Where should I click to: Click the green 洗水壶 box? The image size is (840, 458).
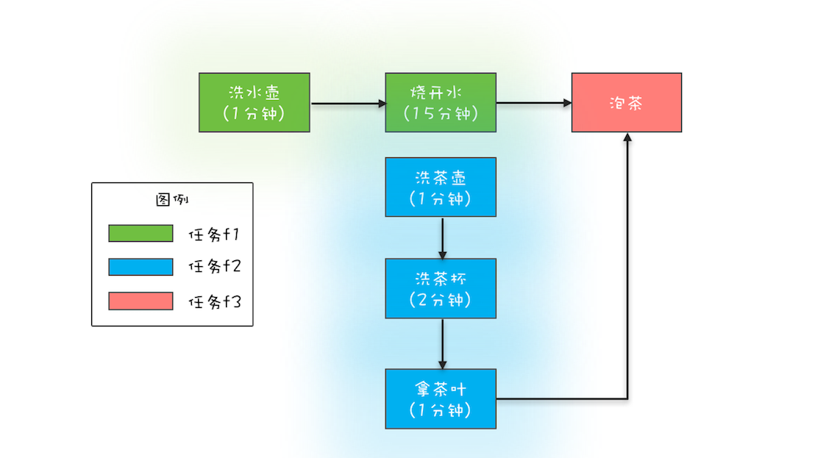(254, 102)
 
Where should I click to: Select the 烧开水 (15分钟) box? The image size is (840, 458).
(441, 102)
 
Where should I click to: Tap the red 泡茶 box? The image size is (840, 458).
(627, 102)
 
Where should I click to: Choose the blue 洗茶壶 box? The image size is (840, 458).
(441, 187)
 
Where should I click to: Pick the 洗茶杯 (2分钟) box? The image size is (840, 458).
(441, 288)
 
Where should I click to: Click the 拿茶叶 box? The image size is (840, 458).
(441, 398)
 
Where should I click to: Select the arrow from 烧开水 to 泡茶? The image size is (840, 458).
(534, 104)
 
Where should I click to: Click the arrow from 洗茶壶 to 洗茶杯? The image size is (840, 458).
(442, 237)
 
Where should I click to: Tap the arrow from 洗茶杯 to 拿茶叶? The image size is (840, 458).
(442, 343)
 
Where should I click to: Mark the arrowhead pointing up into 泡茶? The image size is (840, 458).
(627, 138)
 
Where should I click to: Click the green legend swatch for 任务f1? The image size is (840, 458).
(140, 234)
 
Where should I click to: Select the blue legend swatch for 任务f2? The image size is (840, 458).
(140, 267)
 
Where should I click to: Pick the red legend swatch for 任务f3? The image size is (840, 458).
(140, 301)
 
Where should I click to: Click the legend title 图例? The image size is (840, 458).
(173, 200)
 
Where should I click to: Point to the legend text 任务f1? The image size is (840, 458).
(215, 235)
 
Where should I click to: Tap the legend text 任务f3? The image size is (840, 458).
(215, 301)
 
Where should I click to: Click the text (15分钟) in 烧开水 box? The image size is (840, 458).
(441, 114)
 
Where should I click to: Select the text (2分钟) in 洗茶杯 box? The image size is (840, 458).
(441, 300)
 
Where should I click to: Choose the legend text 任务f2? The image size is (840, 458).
(215, 268)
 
